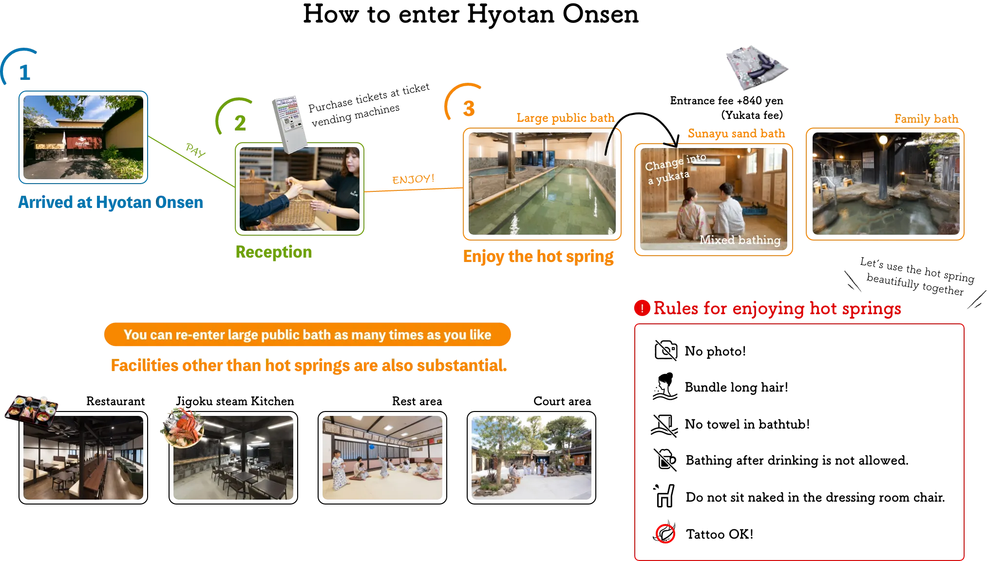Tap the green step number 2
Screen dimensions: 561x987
click(x=239, y=123)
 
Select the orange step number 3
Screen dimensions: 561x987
click(x=468, y=108)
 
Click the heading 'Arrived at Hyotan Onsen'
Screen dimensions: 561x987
click(x=110, y=203)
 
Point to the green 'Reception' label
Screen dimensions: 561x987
click(x=273, y=252)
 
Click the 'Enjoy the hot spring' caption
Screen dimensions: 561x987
click(x=539, y=257)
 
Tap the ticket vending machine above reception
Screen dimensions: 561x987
click(x=289, y=123)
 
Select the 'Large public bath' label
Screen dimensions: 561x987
click(x=565, y=118)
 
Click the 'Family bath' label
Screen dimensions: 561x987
click(x=926, y=119)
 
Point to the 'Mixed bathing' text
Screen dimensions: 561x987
click(x=740, y=240)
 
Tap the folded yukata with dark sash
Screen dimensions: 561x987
click(x=757, y=68)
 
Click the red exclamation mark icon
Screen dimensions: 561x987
click(x=642, y=308)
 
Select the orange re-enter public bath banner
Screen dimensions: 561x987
click(x=307, y=335)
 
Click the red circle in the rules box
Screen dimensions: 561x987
click(x=665, y=534)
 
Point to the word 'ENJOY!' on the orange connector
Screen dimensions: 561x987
click(x=413, y=179)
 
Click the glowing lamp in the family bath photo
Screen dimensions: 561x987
click(x=883, y=140)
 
